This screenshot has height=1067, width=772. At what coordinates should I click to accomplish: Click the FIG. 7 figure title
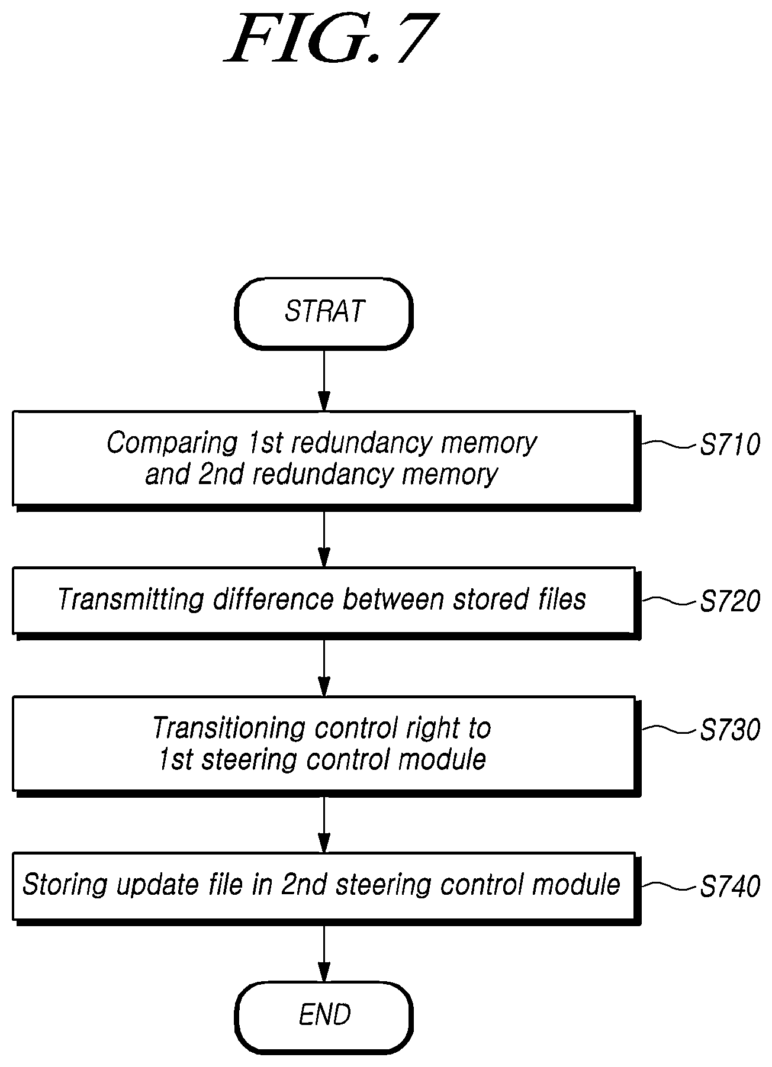tap(332, 38)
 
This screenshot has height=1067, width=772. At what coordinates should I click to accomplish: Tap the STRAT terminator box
tap(324, 312)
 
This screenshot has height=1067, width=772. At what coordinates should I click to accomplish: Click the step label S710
tap(729, 445)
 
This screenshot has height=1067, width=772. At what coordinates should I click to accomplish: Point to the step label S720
tap(729, 601)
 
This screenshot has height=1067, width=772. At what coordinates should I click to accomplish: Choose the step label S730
tap(729, 730)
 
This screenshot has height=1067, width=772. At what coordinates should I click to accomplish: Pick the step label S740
tap(729, 887)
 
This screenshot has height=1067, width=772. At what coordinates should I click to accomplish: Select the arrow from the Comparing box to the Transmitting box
tap(324, 537)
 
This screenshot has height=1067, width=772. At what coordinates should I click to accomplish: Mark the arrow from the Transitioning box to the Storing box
tap(324, 824)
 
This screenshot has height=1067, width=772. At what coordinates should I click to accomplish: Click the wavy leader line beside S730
tap(669, 730)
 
